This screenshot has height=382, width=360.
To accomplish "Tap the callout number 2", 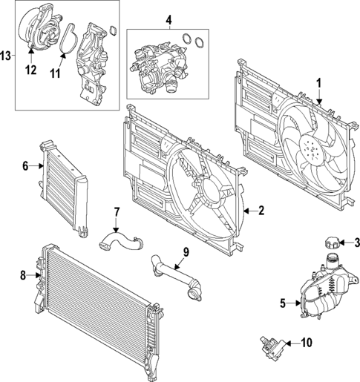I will (x=261, y=211).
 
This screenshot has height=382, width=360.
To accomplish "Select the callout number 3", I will (x=356, y=243).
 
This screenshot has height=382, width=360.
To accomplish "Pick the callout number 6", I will (x=26, y=166).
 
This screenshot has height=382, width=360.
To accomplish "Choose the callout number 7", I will (x=116, y=214).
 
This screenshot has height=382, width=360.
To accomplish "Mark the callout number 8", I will (x=22, y=276).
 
